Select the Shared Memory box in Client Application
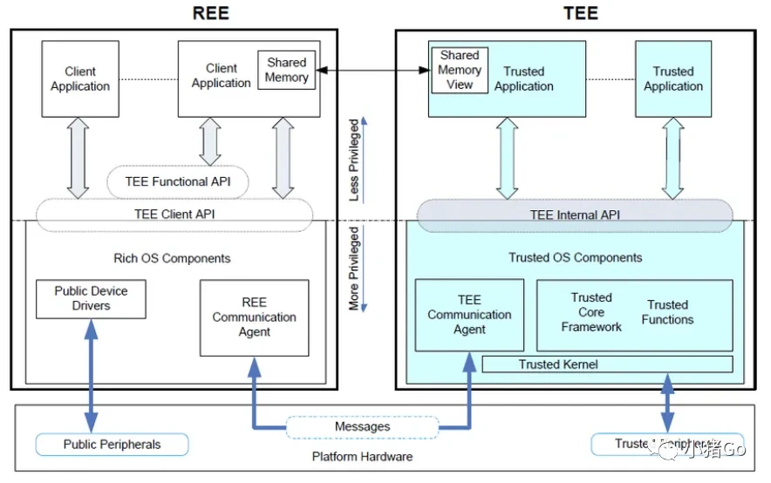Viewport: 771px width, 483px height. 287,70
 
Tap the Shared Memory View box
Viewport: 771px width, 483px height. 460,70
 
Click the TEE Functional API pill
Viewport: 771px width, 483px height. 177,182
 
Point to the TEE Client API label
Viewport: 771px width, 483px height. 174,214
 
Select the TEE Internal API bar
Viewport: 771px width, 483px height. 575,215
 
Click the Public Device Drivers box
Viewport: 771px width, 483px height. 91,299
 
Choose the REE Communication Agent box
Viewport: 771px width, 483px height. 254,317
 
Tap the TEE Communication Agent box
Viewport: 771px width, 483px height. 469,315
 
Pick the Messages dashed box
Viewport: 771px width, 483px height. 362,427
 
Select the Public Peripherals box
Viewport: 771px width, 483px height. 112,445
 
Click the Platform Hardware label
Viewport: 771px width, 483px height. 362,456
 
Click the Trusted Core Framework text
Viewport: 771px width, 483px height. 591,312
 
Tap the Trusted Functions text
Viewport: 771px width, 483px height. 667,312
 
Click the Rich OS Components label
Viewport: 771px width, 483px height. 172,258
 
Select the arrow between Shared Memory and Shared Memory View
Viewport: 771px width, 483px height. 371,70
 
